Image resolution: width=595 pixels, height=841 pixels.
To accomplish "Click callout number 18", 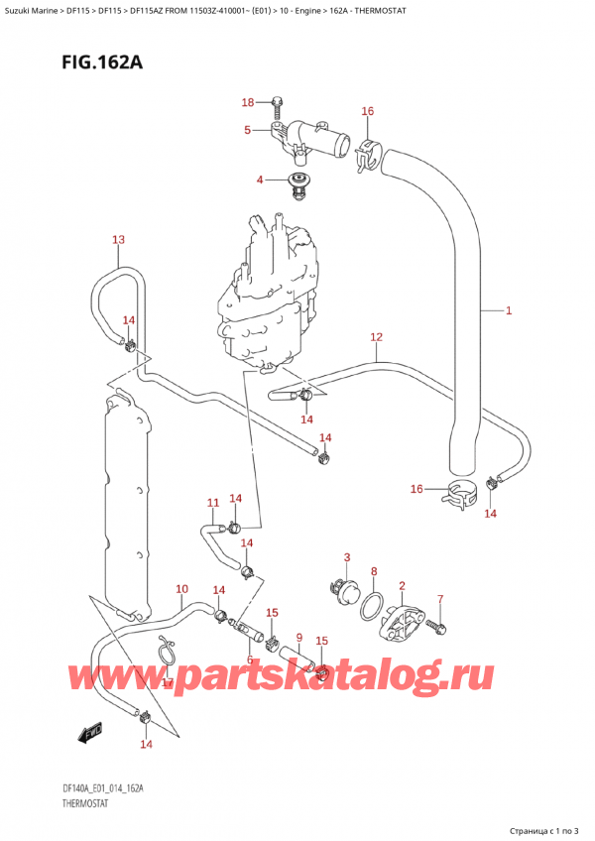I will (248, 102).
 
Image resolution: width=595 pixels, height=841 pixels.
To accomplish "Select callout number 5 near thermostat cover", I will (247, 129).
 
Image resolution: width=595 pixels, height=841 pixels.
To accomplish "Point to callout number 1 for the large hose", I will (508, 311).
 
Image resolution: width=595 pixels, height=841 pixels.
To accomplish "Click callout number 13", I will (118, 240).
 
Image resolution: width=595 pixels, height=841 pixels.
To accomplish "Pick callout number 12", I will (376, 337).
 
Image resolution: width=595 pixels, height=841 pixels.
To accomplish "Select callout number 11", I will (212, 503).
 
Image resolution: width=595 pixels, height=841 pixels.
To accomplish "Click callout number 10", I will (180, 589).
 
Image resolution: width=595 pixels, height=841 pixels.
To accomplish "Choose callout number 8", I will (373, 571).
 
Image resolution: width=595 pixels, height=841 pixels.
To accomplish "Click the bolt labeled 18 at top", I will (277, 103).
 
